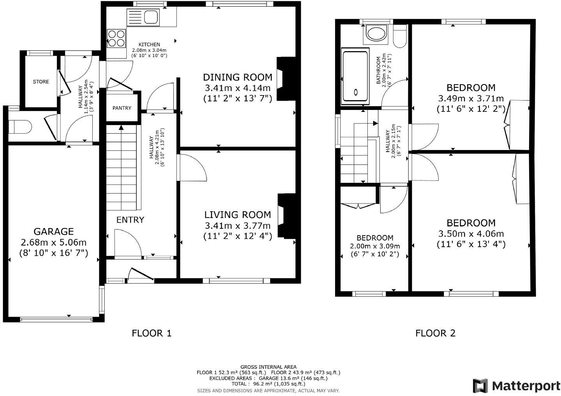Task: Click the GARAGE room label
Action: point(53,232)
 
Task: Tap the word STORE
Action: point(41,82)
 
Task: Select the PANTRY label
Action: point(122,108)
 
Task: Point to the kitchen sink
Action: point(143,18)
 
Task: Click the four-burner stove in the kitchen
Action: point(116,38)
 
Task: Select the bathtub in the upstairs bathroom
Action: point(355,76)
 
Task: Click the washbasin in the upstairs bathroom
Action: point(376,34)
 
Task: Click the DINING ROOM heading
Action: point(237,77)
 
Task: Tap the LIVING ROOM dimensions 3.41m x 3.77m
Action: point(237,225)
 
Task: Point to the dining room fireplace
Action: point(286,79)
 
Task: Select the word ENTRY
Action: point(130,220)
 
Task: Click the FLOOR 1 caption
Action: point(152,333)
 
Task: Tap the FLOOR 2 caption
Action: point(435,333)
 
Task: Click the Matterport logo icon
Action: point(480,386)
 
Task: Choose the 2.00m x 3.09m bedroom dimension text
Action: point(375,246)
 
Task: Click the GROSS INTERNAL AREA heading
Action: point(268,367)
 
